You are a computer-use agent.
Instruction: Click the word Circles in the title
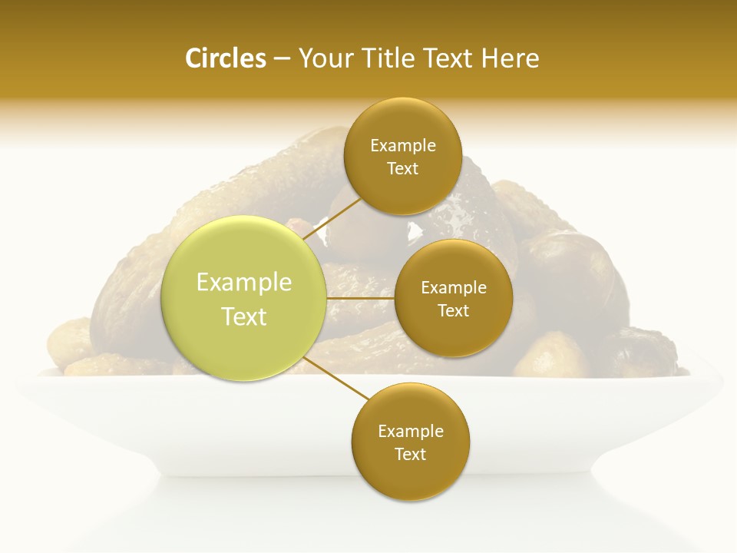[x=226, y=58]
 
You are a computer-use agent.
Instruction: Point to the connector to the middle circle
[x=361, y=298]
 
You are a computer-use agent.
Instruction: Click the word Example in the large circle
[x=244, y=283]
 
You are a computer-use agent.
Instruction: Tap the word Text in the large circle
[x=244, y=316]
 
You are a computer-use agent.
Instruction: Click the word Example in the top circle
[x=403, y=146]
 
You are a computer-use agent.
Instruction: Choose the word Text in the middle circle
[x=454, y=311]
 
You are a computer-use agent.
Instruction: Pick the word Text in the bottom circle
[x=410, y=455]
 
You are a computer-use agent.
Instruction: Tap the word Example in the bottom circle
[x=411, y=432]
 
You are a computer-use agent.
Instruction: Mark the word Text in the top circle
[x=402, y=169]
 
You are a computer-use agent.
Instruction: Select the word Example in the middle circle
[x=454, y=288]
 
